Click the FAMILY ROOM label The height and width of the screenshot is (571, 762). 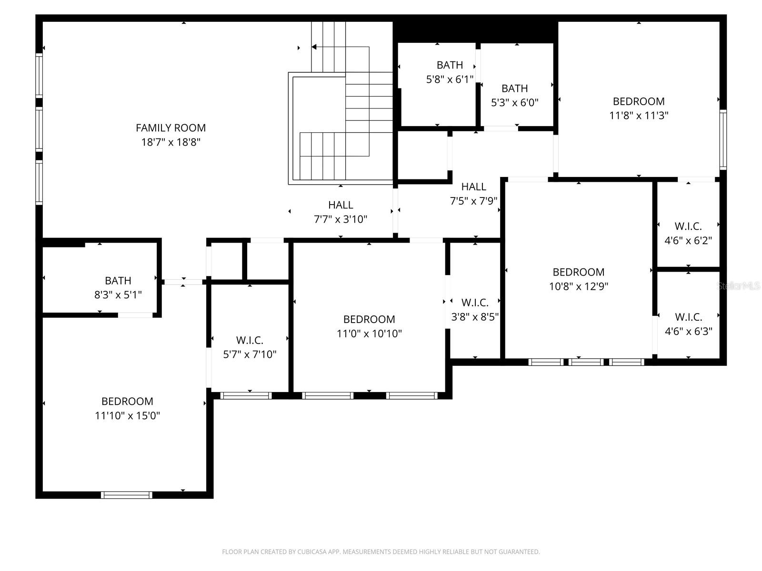pos(170,128)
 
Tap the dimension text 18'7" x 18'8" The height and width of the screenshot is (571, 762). pos(170,142)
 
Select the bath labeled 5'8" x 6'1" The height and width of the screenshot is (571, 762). pos(450,72)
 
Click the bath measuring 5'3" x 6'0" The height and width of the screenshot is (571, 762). pos(514,95)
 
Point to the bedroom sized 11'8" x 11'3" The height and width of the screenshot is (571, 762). pos(639,108)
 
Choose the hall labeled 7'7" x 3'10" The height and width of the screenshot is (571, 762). pos(341,212)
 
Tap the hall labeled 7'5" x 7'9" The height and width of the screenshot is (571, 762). pos(473,194)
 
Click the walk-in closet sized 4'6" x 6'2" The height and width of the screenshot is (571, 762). pos(688,233)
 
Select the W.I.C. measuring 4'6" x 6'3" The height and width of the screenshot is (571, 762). pos(688,324)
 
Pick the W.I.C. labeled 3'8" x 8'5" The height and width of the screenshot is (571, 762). pos(475,309)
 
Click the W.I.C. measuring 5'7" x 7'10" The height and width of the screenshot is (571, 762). pos(250,347)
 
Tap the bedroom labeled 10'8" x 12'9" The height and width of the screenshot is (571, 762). pos(578,279)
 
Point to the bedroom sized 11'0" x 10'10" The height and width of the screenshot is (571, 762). pos(369,326)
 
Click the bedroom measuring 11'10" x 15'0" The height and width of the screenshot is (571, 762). pos(127,408)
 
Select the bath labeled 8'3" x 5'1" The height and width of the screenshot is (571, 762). pos(118,287)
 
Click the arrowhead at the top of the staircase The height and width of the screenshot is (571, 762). pos(314,47)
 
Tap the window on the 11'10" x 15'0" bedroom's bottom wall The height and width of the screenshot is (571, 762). pos(127,495)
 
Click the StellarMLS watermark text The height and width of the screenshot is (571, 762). pos(738,286)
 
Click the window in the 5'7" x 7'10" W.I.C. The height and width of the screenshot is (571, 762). pos(246,395)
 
